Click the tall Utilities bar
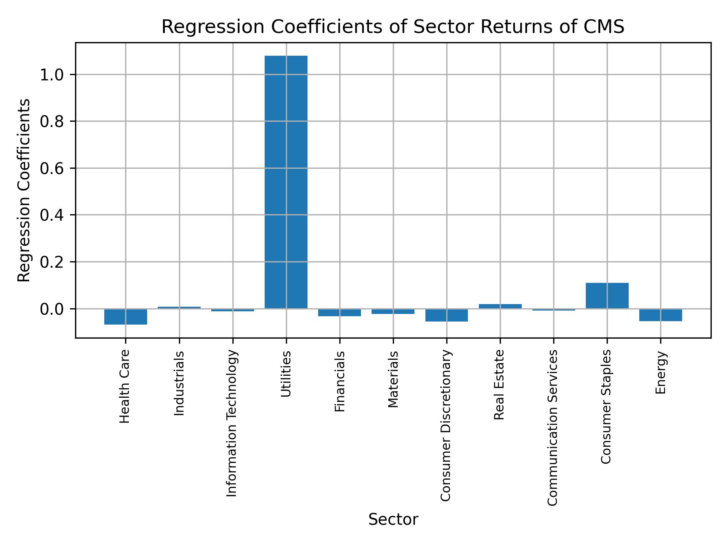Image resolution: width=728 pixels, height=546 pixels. (286, 182)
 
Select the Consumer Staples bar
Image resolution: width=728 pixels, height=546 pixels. (607, 296)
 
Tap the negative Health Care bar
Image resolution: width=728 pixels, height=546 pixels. (126, 317)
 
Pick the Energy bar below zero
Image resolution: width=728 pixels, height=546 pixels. (661, 315)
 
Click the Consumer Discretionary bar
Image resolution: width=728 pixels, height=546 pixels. (446, 315)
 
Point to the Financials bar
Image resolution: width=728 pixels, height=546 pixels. (339, 312)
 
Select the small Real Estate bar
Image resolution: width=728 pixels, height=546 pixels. (500, 306)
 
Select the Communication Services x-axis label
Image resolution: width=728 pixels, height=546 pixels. (553, 427)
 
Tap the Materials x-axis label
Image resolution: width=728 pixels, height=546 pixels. (393, 379)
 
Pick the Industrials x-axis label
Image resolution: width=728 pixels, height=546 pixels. (179, 383)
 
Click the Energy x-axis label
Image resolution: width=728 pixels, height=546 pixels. (661, 372)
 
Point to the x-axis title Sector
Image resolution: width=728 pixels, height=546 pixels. (393, 519)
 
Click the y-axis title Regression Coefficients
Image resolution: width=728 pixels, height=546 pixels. (24, 190)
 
